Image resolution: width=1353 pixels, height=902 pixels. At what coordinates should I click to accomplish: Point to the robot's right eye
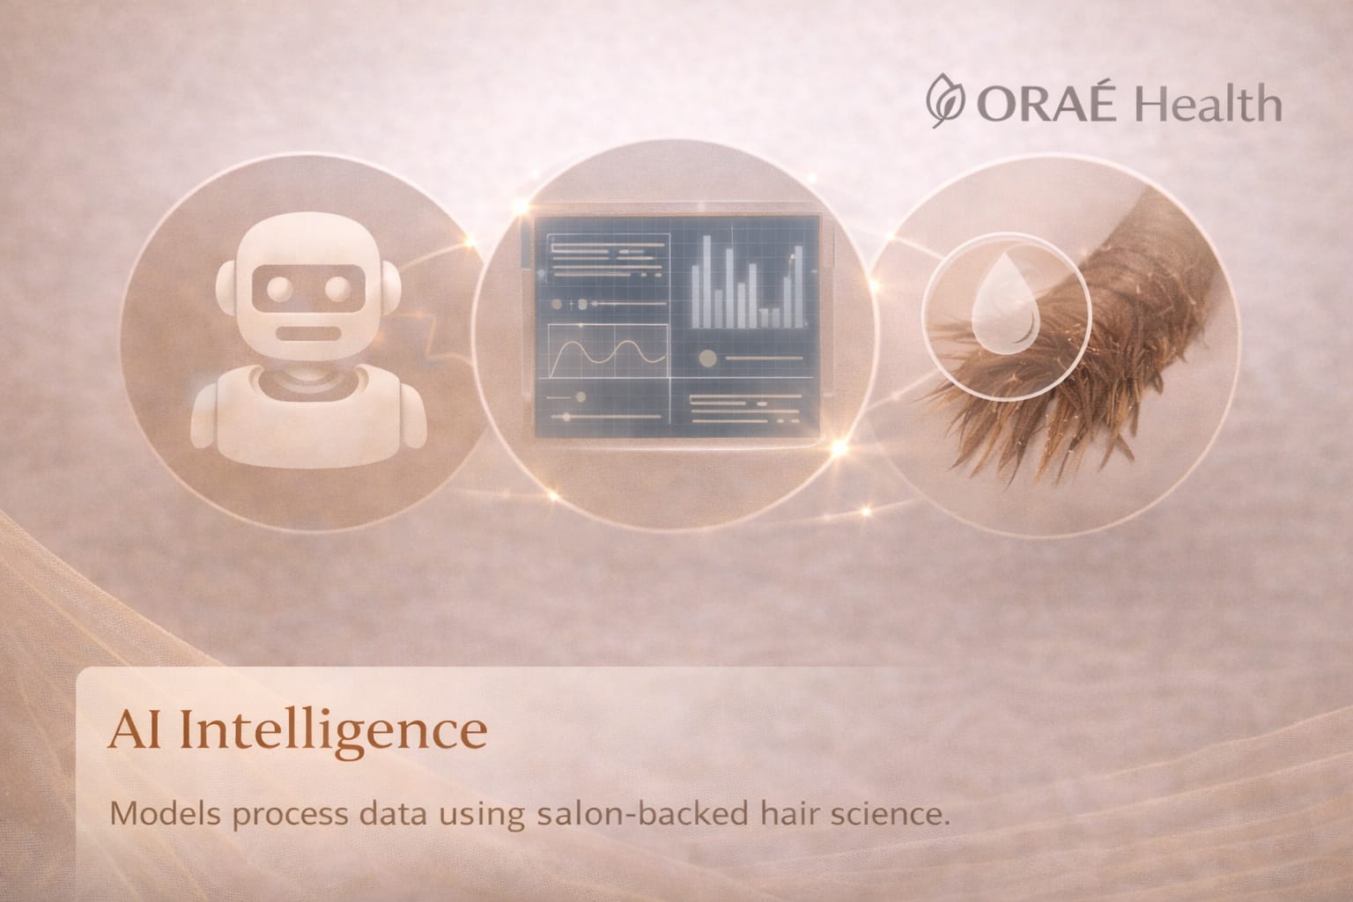coord(336,288)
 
